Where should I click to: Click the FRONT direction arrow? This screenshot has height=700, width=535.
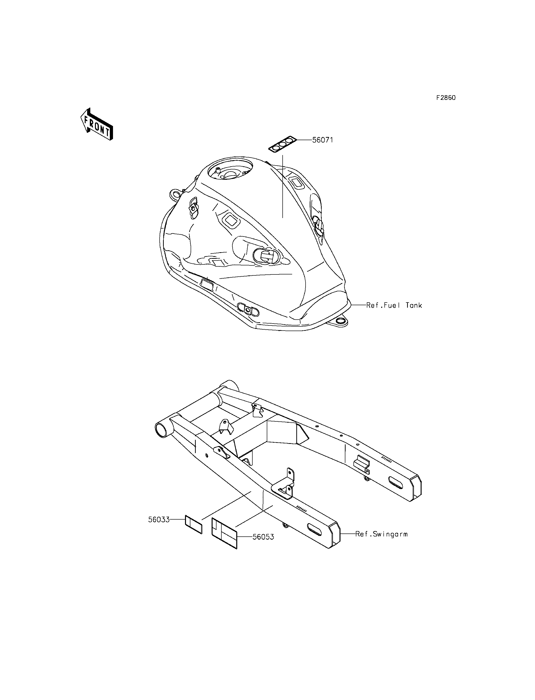tap(96, 124)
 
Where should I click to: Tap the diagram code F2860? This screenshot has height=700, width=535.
tap(446, 98)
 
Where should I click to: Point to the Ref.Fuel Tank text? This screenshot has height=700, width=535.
tap(394, 305)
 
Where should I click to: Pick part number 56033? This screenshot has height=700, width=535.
tap(159, 520)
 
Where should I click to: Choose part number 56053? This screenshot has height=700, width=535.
tap(263, 537)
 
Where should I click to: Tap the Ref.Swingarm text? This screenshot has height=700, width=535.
tap(381, 534)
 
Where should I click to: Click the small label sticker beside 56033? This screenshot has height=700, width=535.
tap(194, 524)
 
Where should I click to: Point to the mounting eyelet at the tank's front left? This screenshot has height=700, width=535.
tap(175, 193)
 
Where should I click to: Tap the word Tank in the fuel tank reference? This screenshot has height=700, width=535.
tap(414, 305)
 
